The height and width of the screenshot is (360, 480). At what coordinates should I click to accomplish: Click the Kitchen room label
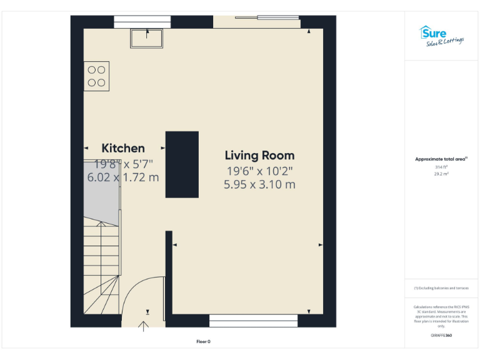(x=123, y=148)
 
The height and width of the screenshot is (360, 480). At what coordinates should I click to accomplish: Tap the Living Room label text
(x=259, y=155)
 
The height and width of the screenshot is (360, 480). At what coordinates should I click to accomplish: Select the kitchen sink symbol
(x=147, y=38)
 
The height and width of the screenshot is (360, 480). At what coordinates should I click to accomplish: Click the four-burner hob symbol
(x=96, y=76)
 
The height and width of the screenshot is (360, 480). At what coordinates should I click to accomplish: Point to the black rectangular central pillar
(x=182, y=164)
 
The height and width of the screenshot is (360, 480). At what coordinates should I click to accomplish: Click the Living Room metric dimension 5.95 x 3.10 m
(x=259, y=184)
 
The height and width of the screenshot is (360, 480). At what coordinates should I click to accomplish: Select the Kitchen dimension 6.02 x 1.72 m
(x=123, y=177)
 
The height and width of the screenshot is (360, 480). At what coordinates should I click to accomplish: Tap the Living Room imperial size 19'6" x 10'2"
(x=259, y=171)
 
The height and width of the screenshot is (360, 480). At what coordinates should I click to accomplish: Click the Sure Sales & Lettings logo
(x=441, y=36)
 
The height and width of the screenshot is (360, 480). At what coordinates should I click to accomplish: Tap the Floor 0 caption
(x=203, y=341)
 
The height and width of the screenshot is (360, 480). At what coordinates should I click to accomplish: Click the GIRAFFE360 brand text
(x=441, y=336)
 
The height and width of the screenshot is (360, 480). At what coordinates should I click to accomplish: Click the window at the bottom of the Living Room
(x=253, y=321)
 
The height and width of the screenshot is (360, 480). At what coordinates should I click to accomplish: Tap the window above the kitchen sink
(x=142, y=22)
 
